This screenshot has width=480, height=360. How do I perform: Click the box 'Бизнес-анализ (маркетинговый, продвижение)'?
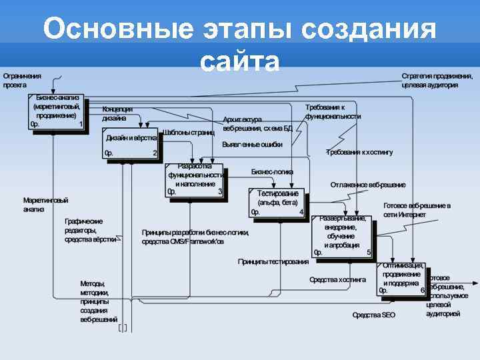tap(57, 111)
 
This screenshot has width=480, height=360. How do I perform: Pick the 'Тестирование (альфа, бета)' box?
tap(277, 203)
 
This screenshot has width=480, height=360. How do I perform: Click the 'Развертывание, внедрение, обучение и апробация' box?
tap(343, 236)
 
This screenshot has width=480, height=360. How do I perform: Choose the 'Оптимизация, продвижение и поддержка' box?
tap(402, 279)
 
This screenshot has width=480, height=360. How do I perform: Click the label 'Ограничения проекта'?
tap(22, 81)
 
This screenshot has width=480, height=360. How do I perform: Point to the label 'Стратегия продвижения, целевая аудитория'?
tap(437, 81)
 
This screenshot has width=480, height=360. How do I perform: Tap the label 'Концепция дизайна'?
tap(117, 113)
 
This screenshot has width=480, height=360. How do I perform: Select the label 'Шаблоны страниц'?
tap(189, 132)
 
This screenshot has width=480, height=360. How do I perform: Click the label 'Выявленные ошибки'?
tap(252, 144)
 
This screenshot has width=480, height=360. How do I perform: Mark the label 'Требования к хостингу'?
tap(359, 152)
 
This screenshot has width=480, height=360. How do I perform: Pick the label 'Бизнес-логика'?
tap(272, 171)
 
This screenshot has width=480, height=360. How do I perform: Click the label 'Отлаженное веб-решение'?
tap(368, 185)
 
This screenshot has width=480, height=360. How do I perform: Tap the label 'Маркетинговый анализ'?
tap(45, 205)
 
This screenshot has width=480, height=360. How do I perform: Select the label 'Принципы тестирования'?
tap(273, 261)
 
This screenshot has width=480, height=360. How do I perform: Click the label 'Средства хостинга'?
tap(337, 280)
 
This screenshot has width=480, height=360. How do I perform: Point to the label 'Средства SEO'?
tap(374, 315)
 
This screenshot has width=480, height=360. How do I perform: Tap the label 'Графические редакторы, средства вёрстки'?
tap(91, 230)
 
